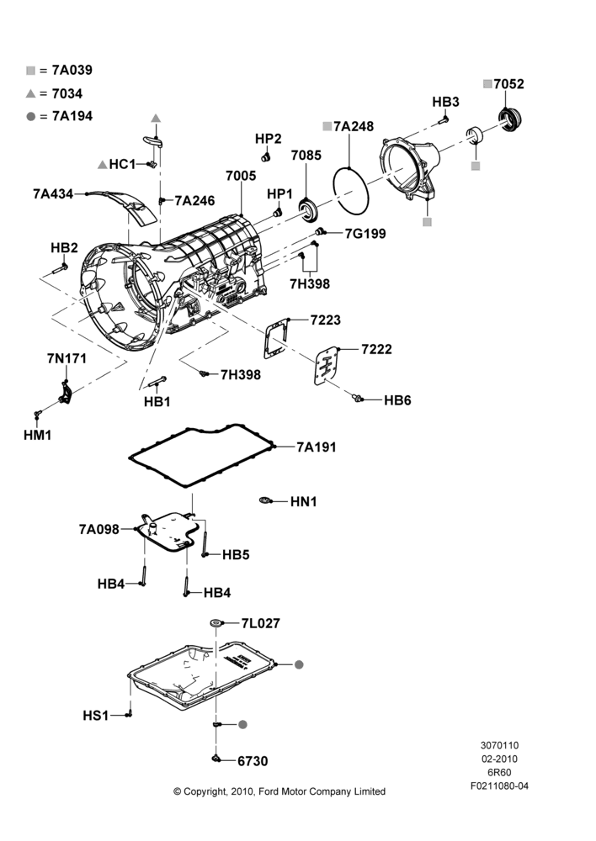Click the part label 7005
click(241, 176)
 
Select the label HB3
click(445, 102)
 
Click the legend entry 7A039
click(72, 71)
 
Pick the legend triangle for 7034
click(30, 93)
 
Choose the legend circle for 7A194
click(30, 116)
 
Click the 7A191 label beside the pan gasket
click(317, 447)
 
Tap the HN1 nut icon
click(264, 500)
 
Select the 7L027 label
click(260, 623)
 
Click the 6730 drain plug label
click(253, 761)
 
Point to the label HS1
click(96, 716)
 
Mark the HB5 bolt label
click(236, 554)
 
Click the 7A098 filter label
click(98, 529)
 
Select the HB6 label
click(397, 400)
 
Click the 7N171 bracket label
click(67, 358)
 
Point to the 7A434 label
click(53, 193)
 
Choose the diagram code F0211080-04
click(499, 786)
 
